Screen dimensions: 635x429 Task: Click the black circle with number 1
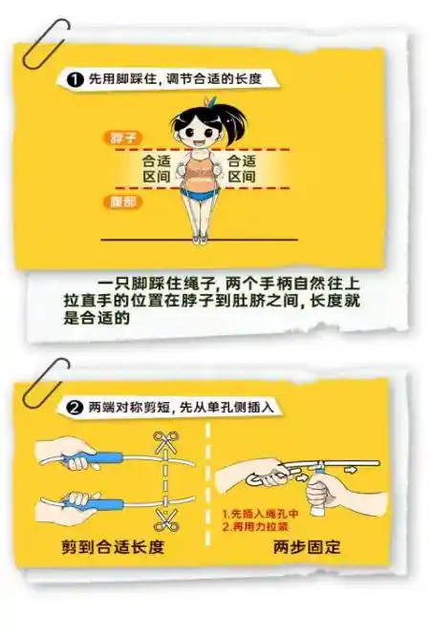75,79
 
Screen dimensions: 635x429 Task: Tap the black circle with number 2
75,407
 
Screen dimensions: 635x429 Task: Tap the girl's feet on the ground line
199,236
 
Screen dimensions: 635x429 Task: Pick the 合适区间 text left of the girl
156,169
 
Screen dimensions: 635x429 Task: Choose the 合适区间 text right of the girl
242,169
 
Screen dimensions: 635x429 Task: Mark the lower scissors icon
165,521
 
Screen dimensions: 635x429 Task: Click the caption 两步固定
307,548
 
